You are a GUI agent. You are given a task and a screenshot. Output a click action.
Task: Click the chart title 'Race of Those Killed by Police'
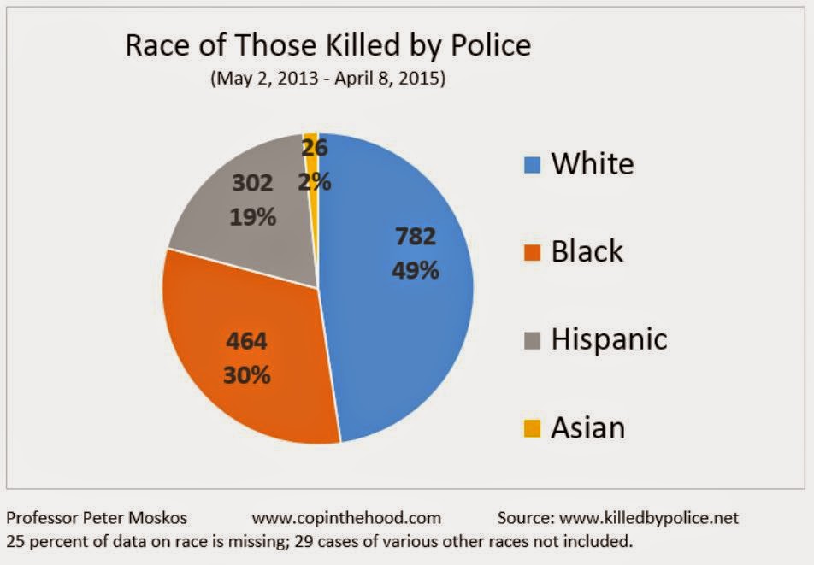[327, 44]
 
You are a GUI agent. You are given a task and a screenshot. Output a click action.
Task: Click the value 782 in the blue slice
[416, 237]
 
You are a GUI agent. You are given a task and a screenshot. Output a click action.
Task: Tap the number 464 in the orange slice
[246, 341]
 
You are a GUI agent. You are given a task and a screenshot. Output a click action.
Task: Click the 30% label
[247, 374]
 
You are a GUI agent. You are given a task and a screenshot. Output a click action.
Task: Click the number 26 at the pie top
[315, 148]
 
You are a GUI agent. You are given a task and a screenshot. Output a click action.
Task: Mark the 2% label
[314, 181]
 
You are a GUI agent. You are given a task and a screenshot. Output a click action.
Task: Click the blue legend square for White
[530, 163]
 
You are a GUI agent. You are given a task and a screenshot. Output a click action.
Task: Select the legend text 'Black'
[587, 251]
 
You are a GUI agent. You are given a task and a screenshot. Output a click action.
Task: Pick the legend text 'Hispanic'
[608, 339]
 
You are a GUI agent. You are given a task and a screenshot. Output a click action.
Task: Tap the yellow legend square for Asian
[530, 427]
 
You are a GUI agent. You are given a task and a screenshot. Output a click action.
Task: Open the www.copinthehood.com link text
[346, 517]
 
